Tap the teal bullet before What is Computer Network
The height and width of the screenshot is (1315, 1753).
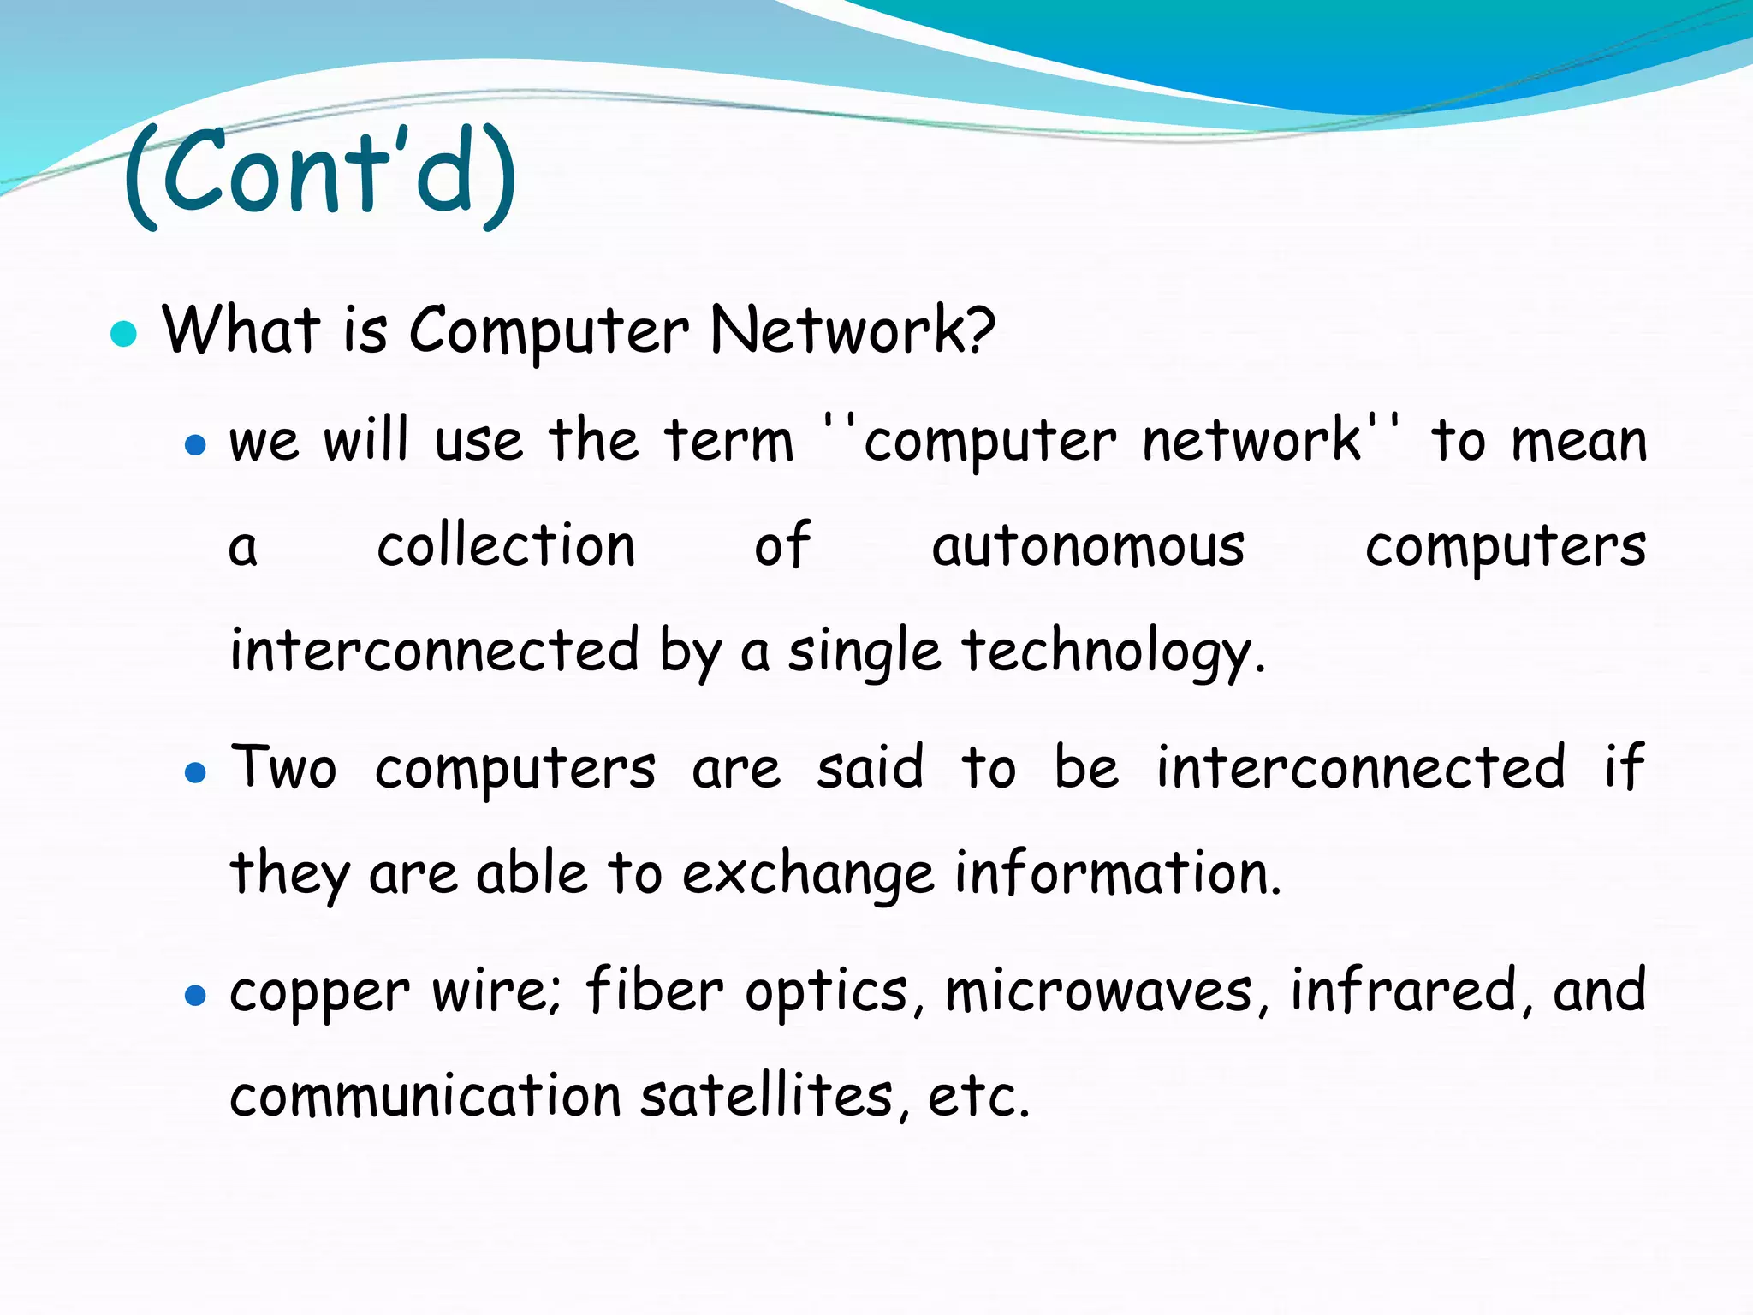(124, 333)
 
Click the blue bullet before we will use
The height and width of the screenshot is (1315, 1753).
(196, 444)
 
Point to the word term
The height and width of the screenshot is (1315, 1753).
(729, 441)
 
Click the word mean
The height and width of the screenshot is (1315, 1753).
(1578, 443)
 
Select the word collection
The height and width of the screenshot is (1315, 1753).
(506, 545)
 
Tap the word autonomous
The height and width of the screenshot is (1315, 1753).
(1088, 547)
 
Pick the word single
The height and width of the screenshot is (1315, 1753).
(864, 652)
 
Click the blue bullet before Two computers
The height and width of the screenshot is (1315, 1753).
(196, 773)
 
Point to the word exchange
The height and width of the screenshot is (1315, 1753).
(807, 875)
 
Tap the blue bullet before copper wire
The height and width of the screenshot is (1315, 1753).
(196, 995)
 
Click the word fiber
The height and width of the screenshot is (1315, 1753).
(655, 991)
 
